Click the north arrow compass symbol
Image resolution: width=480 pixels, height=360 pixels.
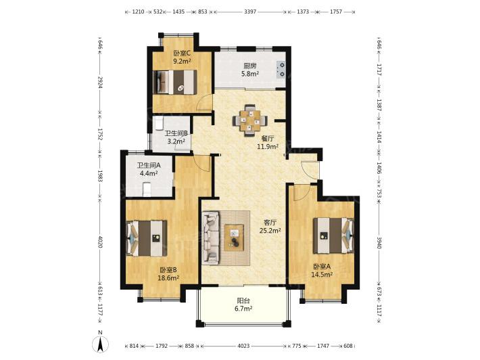(101, 343)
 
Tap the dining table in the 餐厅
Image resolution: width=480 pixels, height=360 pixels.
(250, 120)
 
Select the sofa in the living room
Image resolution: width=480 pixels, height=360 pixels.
(211, 238)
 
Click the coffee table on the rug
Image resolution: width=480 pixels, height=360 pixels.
(234, 238)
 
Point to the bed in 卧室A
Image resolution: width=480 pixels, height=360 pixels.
(334, 235)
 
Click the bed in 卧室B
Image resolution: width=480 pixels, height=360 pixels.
(147, 238)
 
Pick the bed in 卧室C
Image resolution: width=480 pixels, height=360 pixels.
(174, 82)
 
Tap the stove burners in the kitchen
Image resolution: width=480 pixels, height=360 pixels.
(281, 70)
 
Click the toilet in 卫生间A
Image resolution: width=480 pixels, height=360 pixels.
(147, 189)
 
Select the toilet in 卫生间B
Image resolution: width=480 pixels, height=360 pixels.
(159, 123)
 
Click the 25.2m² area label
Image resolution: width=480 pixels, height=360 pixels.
(270, 230)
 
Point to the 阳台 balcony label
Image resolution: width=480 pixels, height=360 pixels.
(243, 301)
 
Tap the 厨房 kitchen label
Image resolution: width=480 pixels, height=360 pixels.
(249, 66)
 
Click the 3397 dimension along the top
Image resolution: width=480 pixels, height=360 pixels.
(250, 12)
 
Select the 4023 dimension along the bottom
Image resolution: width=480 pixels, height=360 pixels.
(243, 346)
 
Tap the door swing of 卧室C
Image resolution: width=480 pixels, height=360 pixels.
(204, 103)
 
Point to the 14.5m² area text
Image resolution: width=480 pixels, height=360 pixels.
(322, 275)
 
